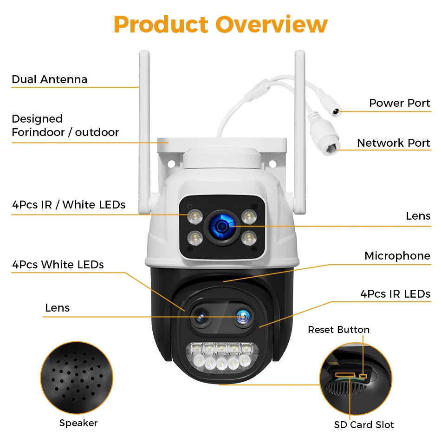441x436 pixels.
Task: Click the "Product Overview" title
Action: click(x=220, y=25)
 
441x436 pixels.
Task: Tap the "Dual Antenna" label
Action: click(x=50, y=79)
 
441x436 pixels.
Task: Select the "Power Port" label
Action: click(x=399, y=103)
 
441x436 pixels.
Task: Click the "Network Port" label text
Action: click(x=394, y=143)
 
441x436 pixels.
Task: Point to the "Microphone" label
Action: click(x=397, y=256)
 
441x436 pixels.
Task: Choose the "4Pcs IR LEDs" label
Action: click(x=395, y=294)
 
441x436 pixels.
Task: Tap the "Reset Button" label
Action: click(x=338, y=330)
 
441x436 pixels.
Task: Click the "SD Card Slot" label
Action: click(x=364, y=425)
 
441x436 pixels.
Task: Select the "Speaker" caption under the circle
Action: click(x=78, y=423)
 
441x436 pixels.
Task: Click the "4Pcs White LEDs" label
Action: click(x=58, y=265)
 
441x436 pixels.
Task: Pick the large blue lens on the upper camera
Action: click(x=222, y=226)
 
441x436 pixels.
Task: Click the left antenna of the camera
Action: click(x=144, y=132)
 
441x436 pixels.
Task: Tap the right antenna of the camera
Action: click(x=300, y=132)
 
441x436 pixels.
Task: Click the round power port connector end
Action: click(x=335, y=111)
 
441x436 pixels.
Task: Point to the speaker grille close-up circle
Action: click(x=77, y=378)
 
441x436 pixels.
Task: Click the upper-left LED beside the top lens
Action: click(x=195, y=217)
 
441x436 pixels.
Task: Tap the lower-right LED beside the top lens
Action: click(x=249, y=238)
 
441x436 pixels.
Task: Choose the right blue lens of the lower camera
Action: click(x=242, y=317)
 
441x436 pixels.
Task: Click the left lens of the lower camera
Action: click(x=201, y=317)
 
